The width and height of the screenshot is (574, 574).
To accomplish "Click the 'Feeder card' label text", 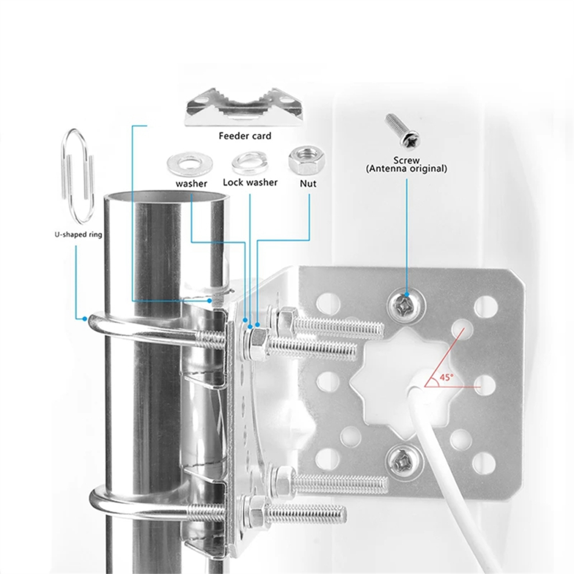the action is pos(245,136).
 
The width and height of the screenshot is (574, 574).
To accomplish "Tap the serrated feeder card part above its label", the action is pos(244,107).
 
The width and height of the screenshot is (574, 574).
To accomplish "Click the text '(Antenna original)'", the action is pos(406,169).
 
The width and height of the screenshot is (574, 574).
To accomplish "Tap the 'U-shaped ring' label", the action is pos(78,234).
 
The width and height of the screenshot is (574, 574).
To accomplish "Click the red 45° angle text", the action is pos(446,377).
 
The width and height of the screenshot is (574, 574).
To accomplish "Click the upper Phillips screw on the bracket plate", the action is pos(406,304).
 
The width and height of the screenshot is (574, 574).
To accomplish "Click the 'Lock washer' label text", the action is pos(250,182).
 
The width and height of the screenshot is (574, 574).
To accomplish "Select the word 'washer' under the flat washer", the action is pos(191,183).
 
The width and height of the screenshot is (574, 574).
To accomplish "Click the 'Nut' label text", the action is pos(308,183).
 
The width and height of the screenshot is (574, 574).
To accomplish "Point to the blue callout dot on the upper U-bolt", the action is pos(85,319).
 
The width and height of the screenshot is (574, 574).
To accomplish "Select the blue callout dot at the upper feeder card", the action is pos(209,300).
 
